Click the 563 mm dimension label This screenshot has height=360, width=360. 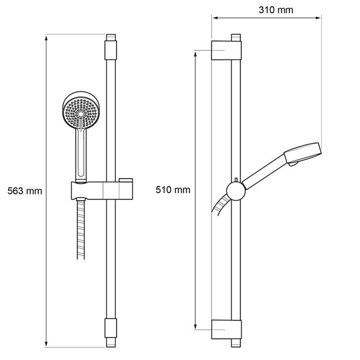pyautogui.click(x=25, y=191)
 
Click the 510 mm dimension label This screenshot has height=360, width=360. pyautogui.click(x=173, y=190)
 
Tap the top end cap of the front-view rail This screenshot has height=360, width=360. pyautogui.click(x=111, y=39)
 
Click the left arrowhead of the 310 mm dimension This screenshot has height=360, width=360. pyautogui.click(x=215, y=19)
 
